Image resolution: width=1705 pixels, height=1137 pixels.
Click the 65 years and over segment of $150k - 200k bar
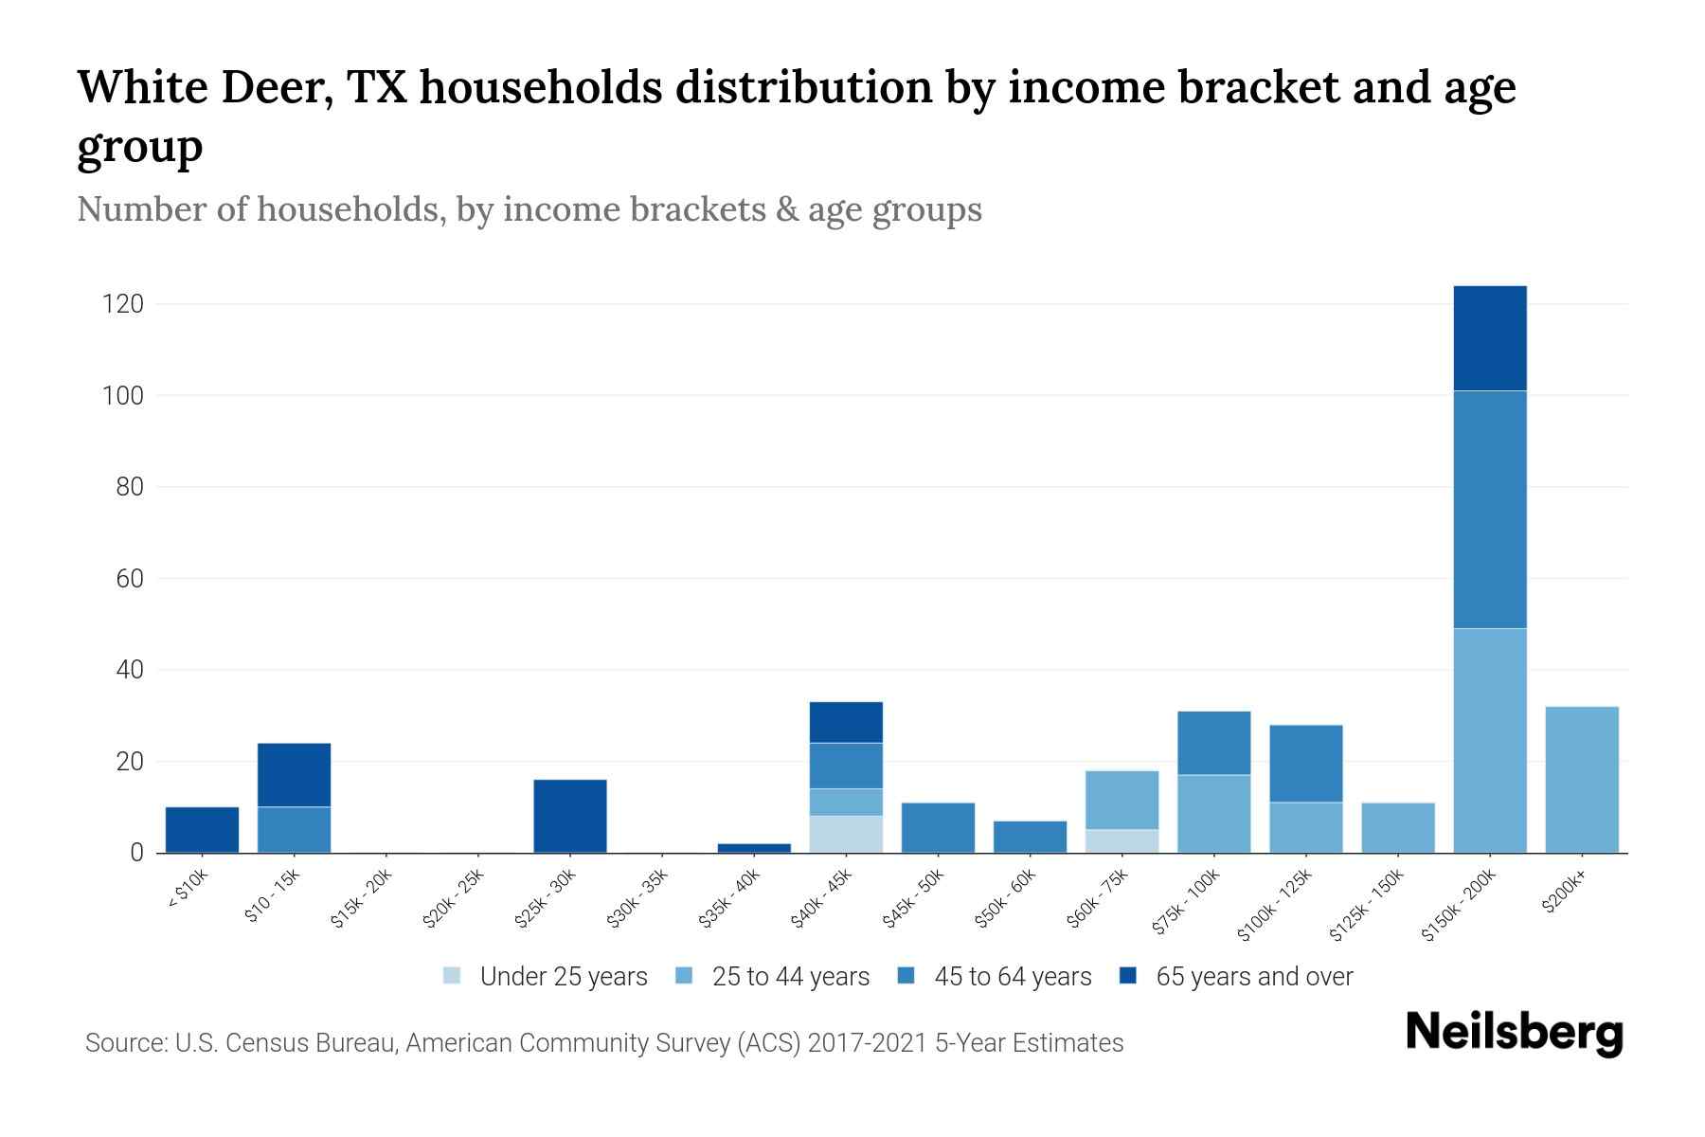tap(1489, 338)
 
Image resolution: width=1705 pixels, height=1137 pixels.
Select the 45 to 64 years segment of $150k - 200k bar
tap(1489, 509)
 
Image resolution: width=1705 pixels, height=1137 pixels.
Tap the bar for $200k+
tap(1581, 779)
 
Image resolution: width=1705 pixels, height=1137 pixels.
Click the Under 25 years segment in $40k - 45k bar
tap(846, 834)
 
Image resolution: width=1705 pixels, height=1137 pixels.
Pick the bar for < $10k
tap(202, 829)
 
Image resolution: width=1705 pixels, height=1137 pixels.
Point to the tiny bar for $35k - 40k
tap(754, 847)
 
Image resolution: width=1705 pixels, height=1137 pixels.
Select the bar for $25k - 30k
tap(570, 816)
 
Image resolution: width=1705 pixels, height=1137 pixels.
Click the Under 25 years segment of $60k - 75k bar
tap(1122, 840)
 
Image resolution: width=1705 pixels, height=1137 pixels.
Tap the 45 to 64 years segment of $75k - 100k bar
tap(1213, 743)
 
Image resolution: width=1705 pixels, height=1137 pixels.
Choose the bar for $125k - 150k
tap(1397, 827)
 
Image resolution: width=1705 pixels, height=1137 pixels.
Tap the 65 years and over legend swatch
tap(1128, 976)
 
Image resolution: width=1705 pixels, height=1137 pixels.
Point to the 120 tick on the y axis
tap(123, 304)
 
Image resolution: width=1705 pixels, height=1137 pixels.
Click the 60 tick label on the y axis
tap(129, 578)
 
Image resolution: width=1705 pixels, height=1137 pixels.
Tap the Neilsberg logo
tap(1514, 1033)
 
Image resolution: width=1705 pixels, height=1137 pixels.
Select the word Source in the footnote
tap(124, 1043)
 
